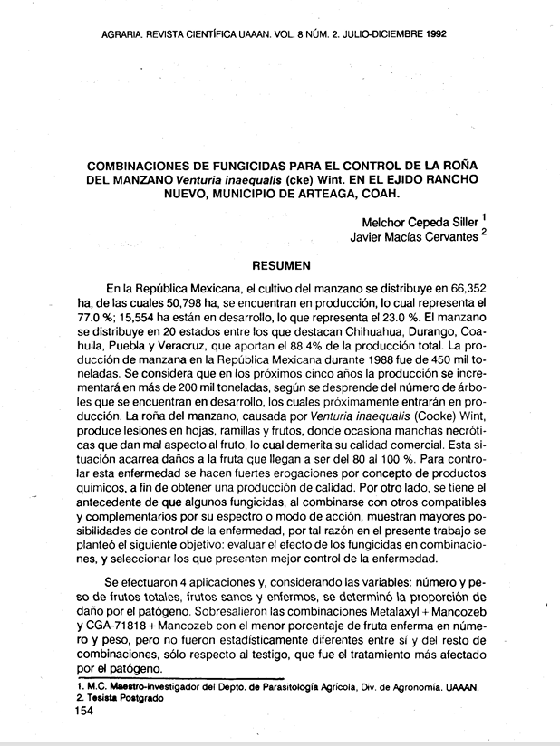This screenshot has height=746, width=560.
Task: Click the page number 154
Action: (89, 713)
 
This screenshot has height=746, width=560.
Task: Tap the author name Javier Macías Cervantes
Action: (414, 238)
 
